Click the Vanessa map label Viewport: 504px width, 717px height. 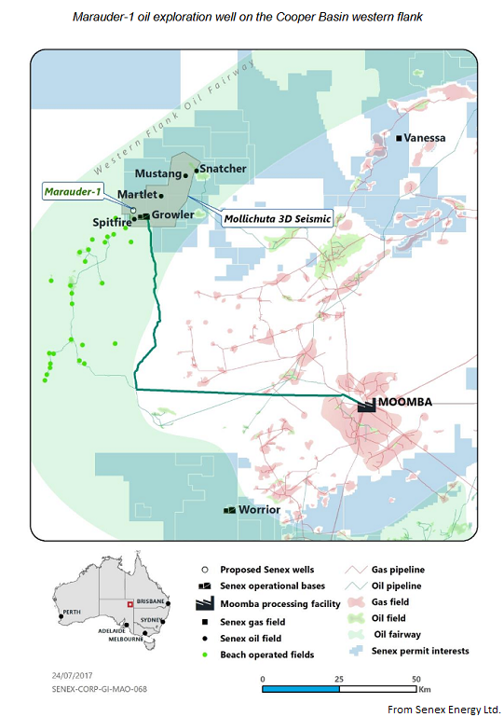point(427,138)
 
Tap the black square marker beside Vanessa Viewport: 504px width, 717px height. point(400,138)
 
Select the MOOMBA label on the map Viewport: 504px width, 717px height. point(408,403)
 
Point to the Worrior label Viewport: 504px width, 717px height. point(259,511)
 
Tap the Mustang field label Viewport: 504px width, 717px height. point(157,173)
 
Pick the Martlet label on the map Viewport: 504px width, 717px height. point(135,195)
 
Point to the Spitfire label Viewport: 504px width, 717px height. point(110,224)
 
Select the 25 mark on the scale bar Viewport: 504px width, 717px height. point(339,679)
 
